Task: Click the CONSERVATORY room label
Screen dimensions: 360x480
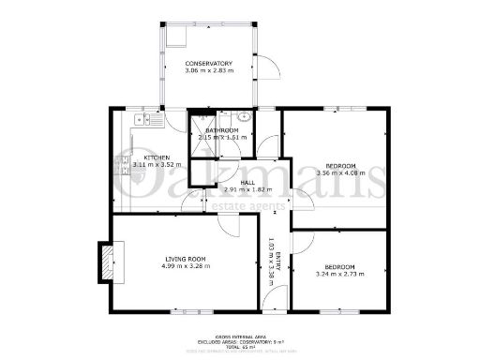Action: pyautogui.click(x=208, y=63)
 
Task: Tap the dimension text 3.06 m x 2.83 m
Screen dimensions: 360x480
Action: pyautogui.click(x=208, y=70)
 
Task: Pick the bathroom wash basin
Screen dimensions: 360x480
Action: pyautogui.click(x=243, y=117)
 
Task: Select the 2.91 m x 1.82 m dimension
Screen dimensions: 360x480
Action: pyautogui.click(x=247, y=190)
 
